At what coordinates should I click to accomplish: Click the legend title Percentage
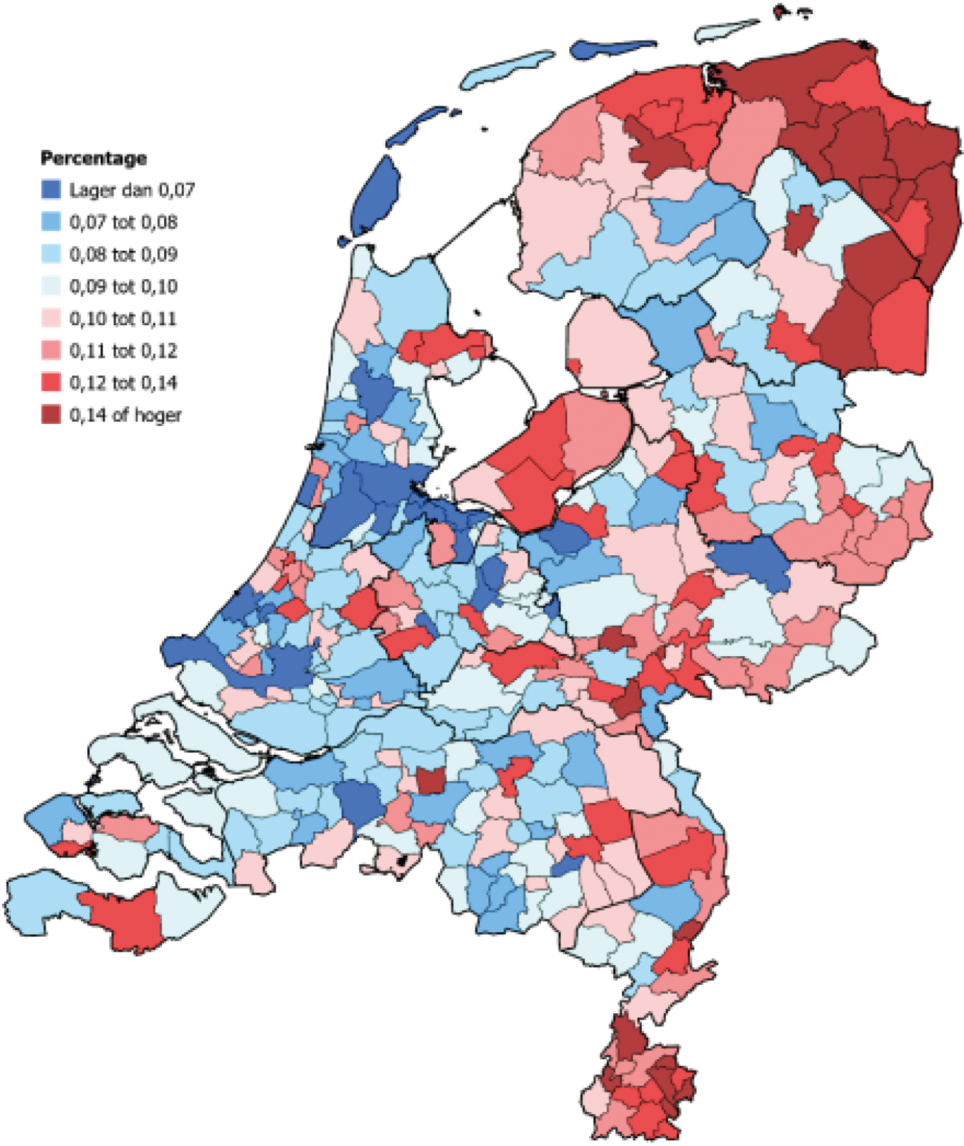(94, 158)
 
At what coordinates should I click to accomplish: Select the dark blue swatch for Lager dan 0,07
(51, 190)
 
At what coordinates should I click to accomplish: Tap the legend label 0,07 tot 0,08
(123, 222)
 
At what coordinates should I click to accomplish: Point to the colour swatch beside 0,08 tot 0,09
(51, 254)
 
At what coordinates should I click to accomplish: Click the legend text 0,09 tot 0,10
(123, 286)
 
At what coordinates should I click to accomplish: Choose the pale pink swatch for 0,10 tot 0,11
(51, 318)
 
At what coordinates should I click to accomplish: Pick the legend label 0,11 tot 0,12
(123, 350)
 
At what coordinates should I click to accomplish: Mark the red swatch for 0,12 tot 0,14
(51, 382)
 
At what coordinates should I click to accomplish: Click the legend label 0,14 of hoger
(125, 415)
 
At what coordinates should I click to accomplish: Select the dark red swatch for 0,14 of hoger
(51, 415)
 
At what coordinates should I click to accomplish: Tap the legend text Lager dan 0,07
(132, 190)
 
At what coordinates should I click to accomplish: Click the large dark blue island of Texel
(379, 197)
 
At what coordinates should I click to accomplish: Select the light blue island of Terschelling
(508, 68)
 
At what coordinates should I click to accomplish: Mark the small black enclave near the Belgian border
(403, 861)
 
